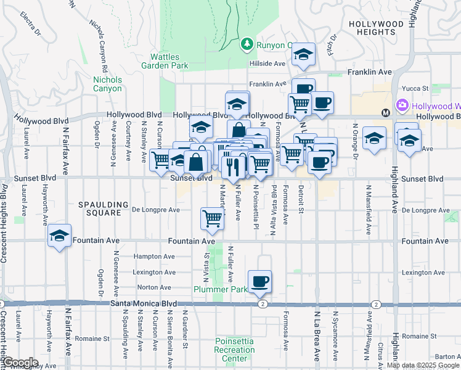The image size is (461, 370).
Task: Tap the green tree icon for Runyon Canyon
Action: click(247, 44)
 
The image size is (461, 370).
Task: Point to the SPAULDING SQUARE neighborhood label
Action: click(104, 208)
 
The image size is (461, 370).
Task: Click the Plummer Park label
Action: click(216, 289)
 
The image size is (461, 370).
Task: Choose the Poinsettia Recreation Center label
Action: click(235, 350)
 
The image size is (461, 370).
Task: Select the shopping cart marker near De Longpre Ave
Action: click(212, 218)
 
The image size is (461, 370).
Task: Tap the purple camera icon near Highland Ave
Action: click(403, 106)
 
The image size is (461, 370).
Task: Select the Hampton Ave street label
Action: click(154, 256)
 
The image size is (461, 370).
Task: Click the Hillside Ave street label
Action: click(267, 64)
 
